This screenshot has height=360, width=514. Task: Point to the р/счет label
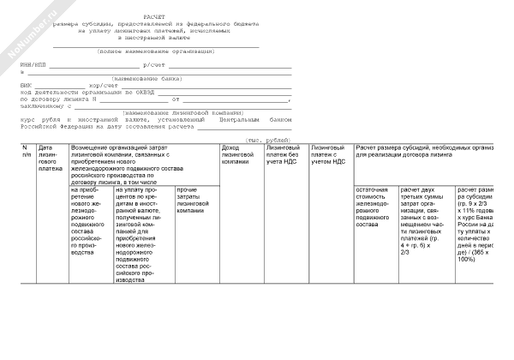155,65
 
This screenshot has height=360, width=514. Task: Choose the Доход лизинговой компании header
237,155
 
